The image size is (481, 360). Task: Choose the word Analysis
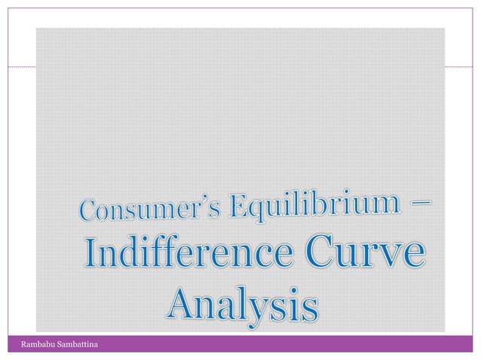241,304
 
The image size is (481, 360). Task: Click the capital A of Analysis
182,304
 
